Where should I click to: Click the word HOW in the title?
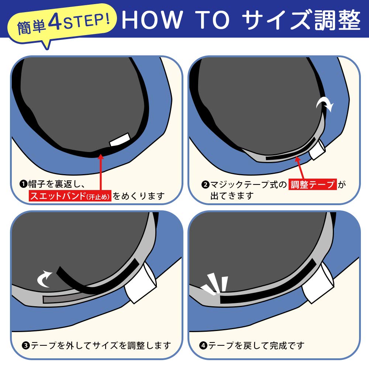(x=152, y=20)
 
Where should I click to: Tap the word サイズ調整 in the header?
(x=301, y=20)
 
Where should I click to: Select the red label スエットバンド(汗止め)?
(x=70, y=196)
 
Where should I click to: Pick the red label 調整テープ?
(x=313, y=184)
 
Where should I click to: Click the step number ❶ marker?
(x=24, y=184)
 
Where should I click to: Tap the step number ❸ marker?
(x=26, y=345)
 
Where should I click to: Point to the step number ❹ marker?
(x=203, y=345)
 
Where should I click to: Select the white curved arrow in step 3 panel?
(x=45, y=279)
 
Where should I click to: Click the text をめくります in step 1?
(x=138, y=196)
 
